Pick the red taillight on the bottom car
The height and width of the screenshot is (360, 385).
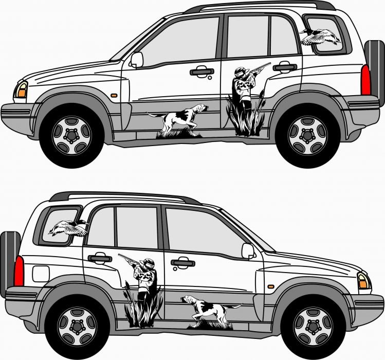tap(19, 271)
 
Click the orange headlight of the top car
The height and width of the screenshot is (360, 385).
tap(22, 89)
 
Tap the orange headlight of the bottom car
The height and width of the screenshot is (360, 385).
tap(363, 281)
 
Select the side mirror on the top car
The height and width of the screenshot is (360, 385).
tap(137, 59)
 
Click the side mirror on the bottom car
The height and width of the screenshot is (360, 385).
tap(248, 250)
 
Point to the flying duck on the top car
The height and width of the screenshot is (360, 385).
tap(320, 36)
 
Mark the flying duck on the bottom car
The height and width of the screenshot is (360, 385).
tap(68, 227)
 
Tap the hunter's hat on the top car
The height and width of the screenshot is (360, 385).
tap(240, 70)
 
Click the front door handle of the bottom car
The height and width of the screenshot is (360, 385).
tap(182, 263)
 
